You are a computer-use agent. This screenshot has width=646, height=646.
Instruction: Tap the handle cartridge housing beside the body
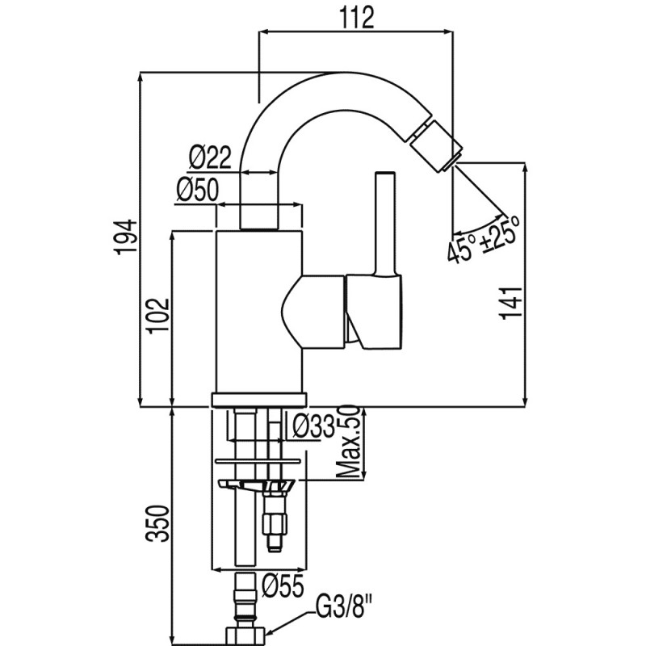pos(374,311)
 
